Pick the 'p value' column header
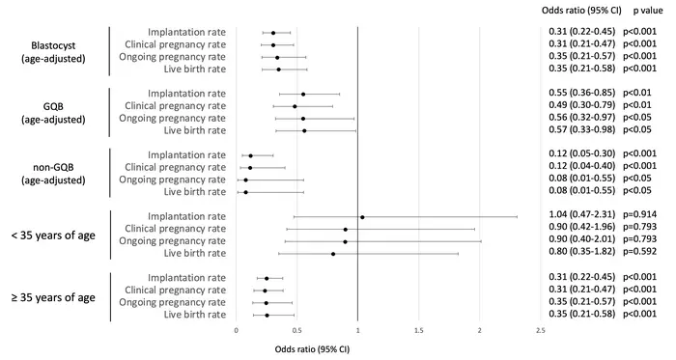point(648,9)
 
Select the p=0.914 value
point(644,217)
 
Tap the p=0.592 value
point(644,254)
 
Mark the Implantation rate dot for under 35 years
point(362,217)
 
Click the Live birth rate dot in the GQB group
point(305,130)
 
